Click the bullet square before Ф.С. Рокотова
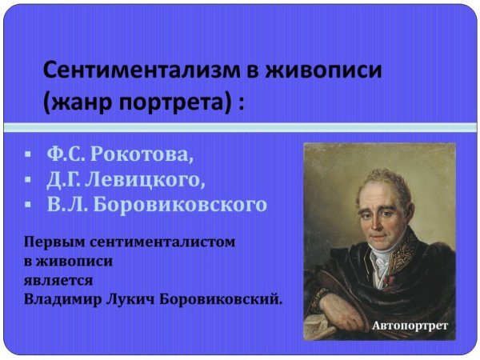(27, 153)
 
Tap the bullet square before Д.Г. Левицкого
(27, 178)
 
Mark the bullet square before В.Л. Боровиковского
(27, 205)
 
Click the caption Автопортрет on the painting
(409, 326)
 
